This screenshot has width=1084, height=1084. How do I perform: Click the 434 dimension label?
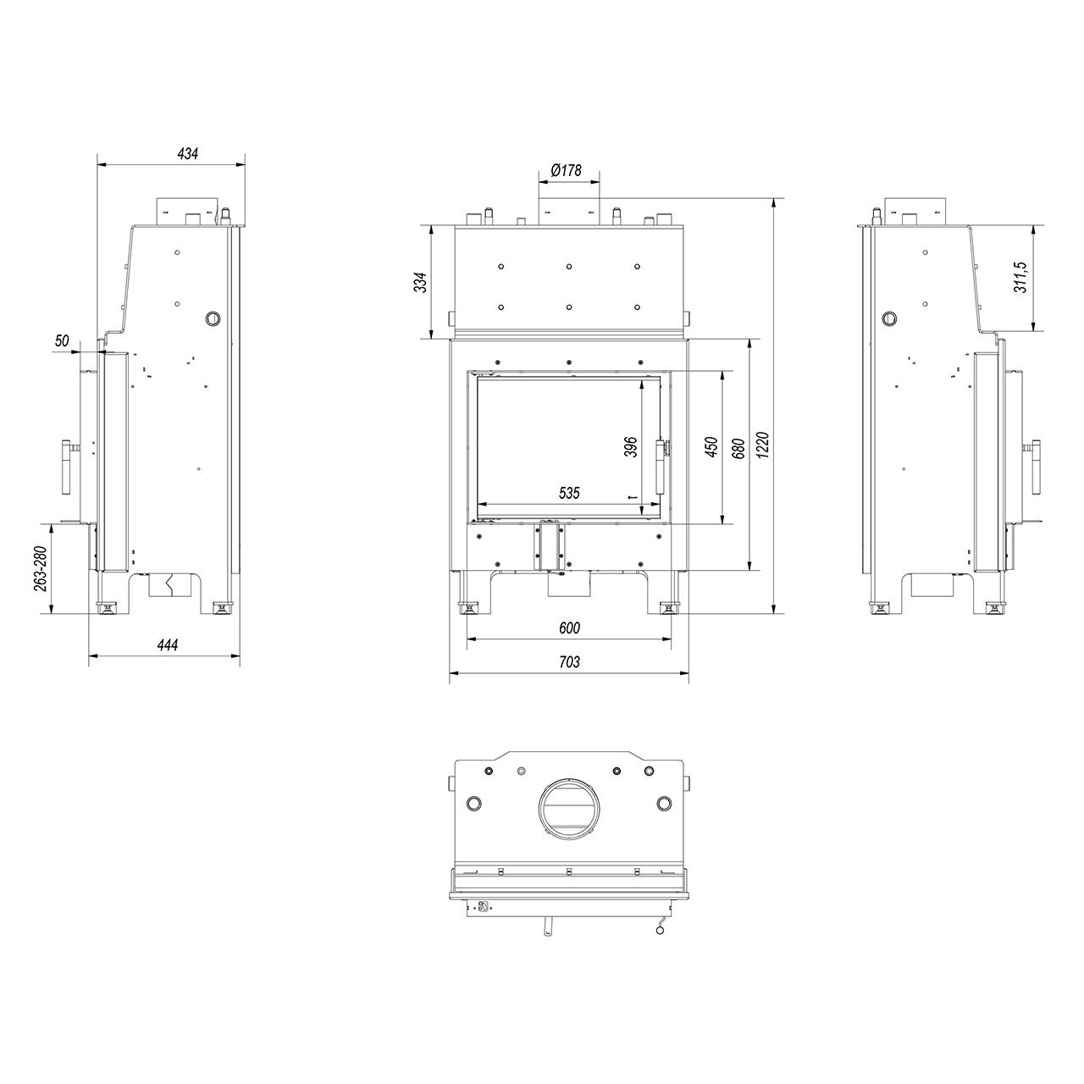click(187, 153)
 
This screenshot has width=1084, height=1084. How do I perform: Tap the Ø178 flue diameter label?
click(566, 170)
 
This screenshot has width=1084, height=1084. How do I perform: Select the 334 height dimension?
click(420, 282)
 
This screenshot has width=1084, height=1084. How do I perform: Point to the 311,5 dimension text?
click(1020, 277)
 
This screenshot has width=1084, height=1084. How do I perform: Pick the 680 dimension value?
click(738, 448)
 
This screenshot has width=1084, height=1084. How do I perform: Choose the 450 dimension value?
click(712, 447)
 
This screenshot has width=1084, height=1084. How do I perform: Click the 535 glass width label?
click(569, 494)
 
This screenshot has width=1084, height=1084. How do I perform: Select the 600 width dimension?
click(569, 628)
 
